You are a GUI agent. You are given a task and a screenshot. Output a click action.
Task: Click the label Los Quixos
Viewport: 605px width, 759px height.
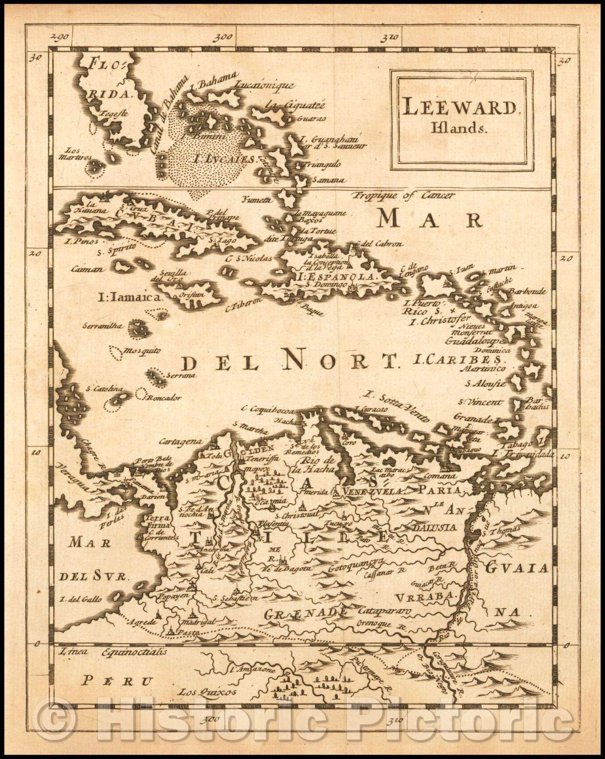point(200,692)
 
